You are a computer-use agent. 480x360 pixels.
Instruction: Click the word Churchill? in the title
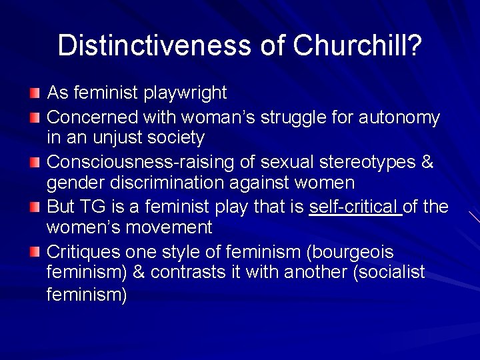[357, 45]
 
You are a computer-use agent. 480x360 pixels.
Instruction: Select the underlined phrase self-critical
[354, 207]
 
